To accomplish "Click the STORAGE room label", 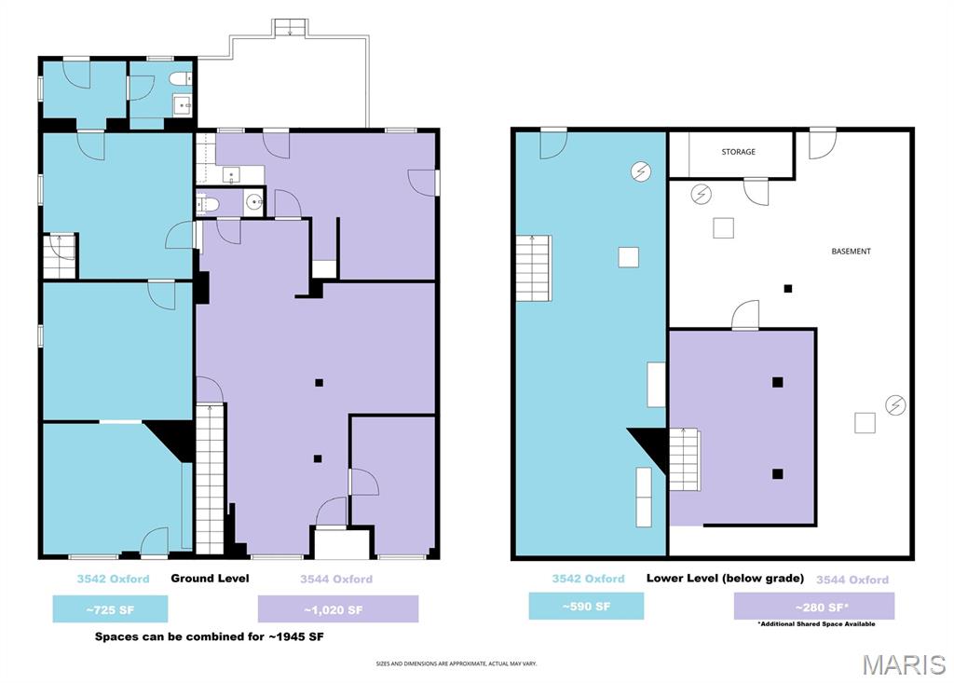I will coord(738,152).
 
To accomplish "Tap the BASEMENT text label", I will coord(851,252).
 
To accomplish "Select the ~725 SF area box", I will coord(110,608).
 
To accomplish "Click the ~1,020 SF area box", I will coord(337,608).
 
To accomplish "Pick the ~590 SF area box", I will coord(586,607).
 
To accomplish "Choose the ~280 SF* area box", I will coord(813,607).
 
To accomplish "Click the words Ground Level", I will coord(210,579).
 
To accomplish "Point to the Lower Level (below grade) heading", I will coord(725,579).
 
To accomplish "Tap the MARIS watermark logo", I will coord(903,664).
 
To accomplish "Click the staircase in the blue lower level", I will coord(534,268).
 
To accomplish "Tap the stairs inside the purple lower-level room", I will coord(684,458).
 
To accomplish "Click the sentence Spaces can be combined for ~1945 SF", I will coord(210,637).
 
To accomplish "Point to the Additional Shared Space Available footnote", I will coord(815,623).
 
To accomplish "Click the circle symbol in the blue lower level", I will coord(641,171).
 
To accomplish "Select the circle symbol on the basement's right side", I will coord(895,404).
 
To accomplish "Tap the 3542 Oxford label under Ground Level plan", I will coord(113,579).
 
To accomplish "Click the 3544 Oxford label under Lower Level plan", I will coord(852,580).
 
